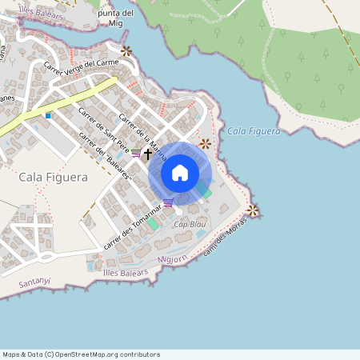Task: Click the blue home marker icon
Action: [180, 173]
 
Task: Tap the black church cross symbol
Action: [148, 153]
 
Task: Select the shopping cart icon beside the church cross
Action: [136, 153]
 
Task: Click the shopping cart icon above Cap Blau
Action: [168, 202]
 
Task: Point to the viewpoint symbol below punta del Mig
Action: [126, 51]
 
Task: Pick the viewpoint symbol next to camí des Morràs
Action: [253, 210]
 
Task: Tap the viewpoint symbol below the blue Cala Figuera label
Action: [206, 144]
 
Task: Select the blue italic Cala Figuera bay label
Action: [254, 130]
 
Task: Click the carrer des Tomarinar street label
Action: [132, 228]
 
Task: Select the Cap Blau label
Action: [190, 225]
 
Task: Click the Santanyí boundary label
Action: [35, 282]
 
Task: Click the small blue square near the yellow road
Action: [48, 116]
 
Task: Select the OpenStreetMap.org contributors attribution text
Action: [108, 354]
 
